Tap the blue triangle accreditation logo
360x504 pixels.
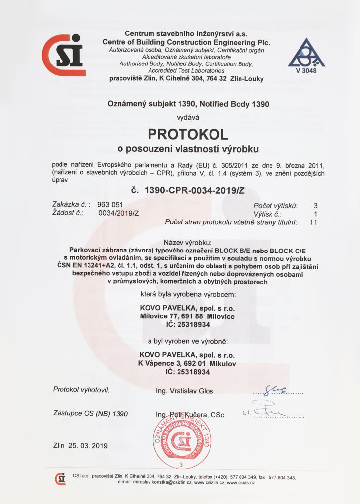click(x=306, y=53)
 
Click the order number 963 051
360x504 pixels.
click(x=110, y=205)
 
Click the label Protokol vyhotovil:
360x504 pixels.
click(x=81, y=390)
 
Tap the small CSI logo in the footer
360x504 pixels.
click(x=60, y=478)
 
